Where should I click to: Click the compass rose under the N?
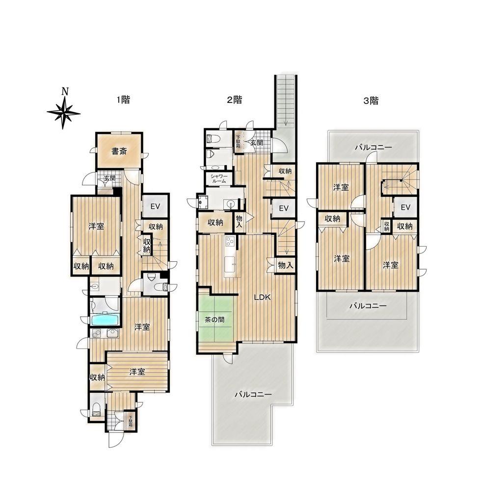[64, 113]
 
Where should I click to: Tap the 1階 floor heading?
[123, 100]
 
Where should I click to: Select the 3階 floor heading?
[371, 101]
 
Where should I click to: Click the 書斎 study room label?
[119, 151]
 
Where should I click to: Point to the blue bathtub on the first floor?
[105, 319]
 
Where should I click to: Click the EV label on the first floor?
[155, 206]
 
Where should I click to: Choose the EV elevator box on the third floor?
[405, 207]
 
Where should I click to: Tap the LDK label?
[262, 297]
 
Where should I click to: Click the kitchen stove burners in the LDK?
[230, 241]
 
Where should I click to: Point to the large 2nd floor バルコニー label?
[253, 394]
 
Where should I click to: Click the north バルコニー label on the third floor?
[374, 148]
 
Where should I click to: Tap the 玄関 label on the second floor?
[257, 143]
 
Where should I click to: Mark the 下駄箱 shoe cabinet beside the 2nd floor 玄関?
[239, 142]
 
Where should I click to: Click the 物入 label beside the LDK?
[286, 265]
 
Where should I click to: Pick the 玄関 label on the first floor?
[109, 178]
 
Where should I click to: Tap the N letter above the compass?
[65, 92]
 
